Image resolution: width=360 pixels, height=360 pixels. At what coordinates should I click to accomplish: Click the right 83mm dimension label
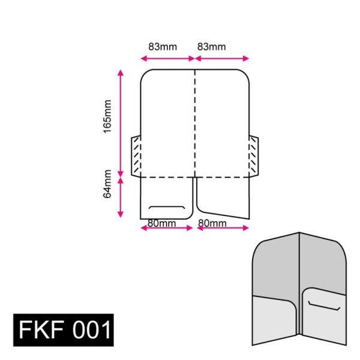[211, 46]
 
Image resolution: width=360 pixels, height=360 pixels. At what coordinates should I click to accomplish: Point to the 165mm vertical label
[107, 116]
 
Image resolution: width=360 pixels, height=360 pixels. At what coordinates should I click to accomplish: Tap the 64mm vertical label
[107, 184]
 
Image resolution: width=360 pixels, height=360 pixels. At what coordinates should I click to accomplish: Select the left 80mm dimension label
[162, 223]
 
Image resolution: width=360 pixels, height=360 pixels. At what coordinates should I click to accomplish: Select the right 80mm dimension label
[212, 223]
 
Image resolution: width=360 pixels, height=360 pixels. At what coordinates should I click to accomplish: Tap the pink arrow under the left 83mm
[167, 58]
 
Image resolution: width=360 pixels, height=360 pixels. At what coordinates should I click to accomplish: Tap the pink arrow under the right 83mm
[221, 58]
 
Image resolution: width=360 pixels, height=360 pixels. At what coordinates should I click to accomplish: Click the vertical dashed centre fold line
[194, 120]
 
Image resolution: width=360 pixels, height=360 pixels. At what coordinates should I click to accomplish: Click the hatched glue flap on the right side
[254, 157]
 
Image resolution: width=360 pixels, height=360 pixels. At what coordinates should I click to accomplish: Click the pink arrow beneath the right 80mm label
[222, 228]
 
